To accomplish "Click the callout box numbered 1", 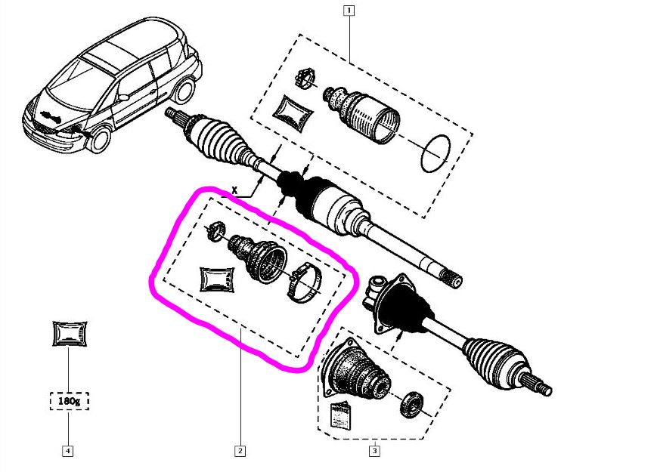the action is (x=349, y=11).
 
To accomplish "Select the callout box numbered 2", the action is (x=240, y=451).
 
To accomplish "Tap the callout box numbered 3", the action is (x=374, y=451).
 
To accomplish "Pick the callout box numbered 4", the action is (x=67, y=451).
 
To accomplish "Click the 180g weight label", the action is (x=70, y=401).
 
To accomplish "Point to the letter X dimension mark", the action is (x=235, y=191).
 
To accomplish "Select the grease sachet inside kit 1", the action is (x=293, y=113).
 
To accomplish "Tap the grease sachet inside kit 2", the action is (x=217, y=279).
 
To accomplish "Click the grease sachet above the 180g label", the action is (x=70, y=333).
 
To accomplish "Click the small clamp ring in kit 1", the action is (x=305, y=78).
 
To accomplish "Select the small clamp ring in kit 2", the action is (x=216, y=231).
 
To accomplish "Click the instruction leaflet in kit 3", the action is (x=341, y=415).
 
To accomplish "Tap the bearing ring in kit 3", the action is (x=412, y=404).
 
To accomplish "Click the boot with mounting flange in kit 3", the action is (x=356, y=370).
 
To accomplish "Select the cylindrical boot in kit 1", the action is (x=362, y=113).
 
